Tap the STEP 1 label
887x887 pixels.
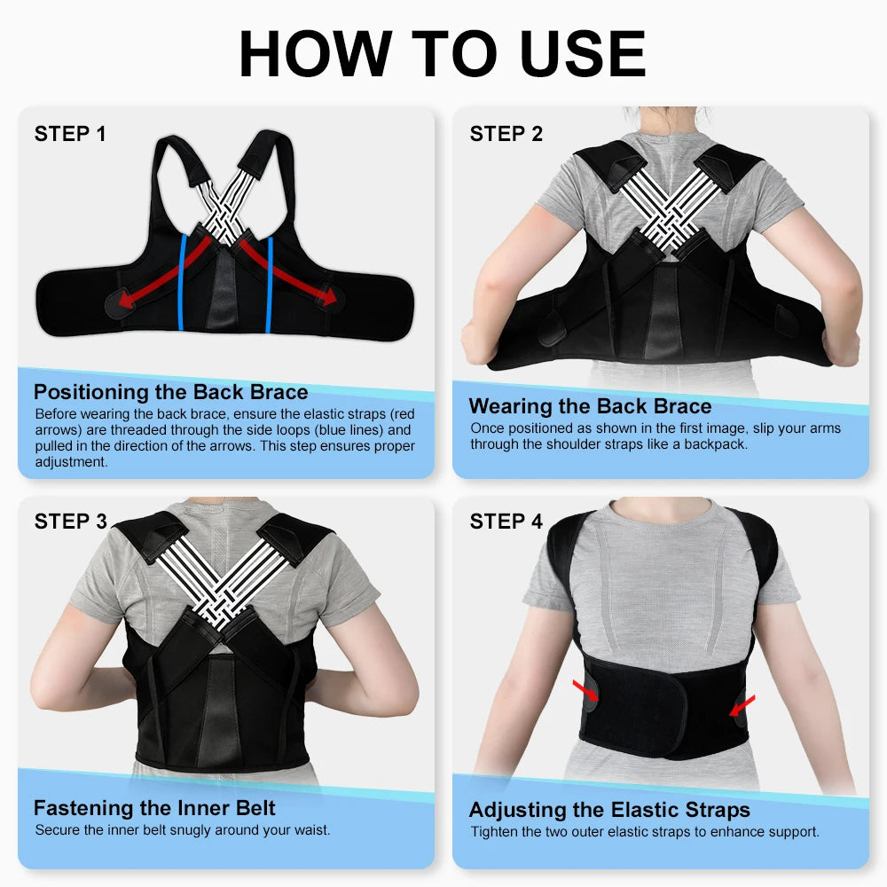[x=70, y=134]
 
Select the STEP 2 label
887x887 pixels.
[x=506, y=134]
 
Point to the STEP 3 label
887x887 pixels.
[x=70, y=522]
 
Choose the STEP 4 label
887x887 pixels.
[x=506, y=522]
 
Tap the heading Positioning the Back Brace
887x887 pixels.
[x=170, y=392]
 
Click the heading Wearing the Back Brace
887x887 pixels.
[x=590, y=406]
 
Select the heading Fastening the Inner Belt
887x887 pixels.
[x=154, y=808]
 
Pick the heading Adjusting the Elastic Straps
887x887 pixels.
[x=609, y=810]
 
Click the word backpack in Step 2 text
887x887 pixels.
[x=713, y=443]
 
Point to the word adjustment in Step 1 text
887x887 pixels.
[x=71, y=462]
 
